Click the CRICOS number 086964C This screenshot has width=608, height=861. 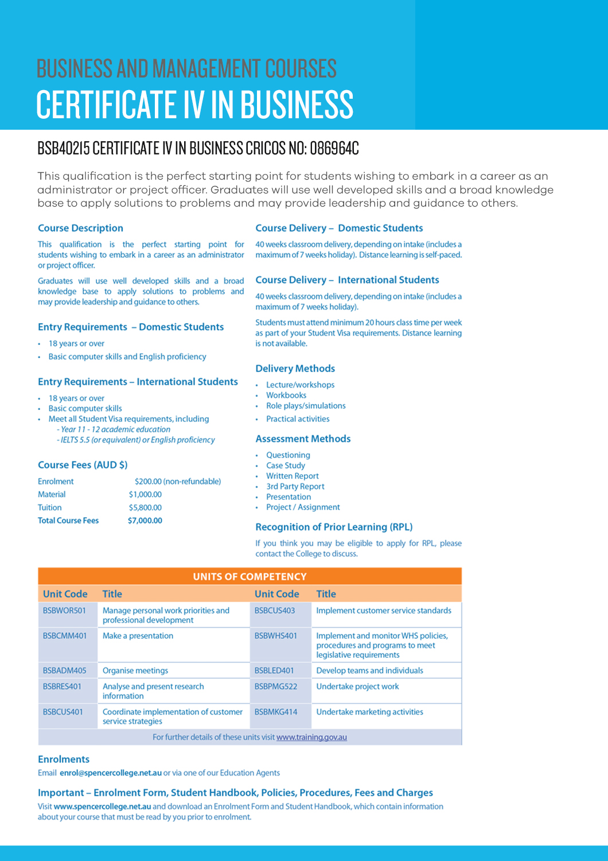coord(334,149)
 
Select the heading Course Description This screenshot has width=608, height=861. coord(80,228)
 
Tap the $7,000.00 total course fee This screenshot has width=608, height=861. coord(145,521)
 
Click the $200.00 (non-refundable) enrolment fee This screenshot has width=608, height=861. coord(178,482)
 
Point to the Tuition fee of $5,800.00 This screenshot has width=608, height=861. coord(145,507)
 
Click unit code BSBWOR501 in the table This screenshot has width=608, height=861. coord(64,611)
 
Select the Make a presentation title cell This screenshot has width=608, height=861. coord(138,636)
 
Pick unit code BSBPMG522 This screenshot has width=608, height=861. coord(276,687)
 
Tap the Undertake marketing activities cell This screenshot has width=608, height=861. coord(369,712)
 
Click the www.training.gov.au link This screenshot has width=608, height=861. coord(311,737)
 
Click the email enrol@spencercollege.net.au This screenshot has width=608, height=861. coord(111,773)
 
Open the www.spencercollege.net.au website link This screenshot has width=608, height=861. coord(102,806)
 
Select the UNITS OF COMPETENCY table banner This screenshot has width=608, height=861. coord(250,576)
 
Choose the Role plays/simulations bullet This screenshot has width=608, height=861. coord(306,406)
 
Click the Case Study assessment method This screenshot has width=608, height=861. coord(286,466)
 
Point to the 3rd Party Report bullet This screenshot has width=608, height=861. coord(295,486)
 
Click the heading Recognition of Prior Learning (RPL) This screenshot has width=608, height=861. coord(334,527)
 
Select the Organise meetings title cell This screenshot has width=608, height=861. coord(135,670)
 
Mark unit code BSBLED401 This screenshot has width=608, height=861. coord(274,670)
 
